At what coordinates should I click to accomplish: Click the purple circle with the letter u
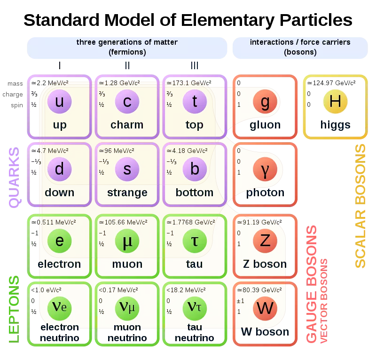click(59, 102)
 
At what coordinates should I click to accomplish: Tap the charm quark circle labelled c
click(127, 102)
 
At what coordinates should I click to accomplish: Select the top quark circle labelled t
click(194, 102)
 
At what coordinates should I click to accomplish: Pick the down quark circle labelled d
click(59, 169)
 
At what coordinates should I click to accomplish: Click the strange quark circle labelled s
click(127, 169)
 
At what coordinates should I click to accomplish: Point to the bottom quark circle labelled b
click(194, 169)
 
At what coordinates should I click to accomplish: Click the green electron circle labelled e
click(59, 240)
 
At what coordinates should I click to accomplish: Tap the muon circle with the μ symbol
click(127, 240)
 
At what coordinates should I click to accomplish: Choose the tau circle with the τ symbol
click(194, 240)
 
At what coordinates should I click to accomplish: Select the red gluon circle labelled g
click(265, 102)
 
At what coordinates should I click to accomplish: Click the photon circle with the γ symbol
click(265, 169)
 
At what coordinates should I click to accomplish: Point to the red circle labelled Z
click(265, 240)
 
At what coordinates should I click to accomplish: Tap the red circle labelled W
click(265, 308)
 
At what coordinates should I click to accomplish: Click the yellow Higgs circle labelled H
click(335, 102)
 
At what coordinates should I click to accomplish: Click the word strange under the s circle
click(127, 192)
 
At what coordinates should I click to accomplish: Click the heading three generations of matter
click(127, 42)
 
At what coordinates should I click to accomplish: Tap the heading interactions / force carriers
click(300, 42)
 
